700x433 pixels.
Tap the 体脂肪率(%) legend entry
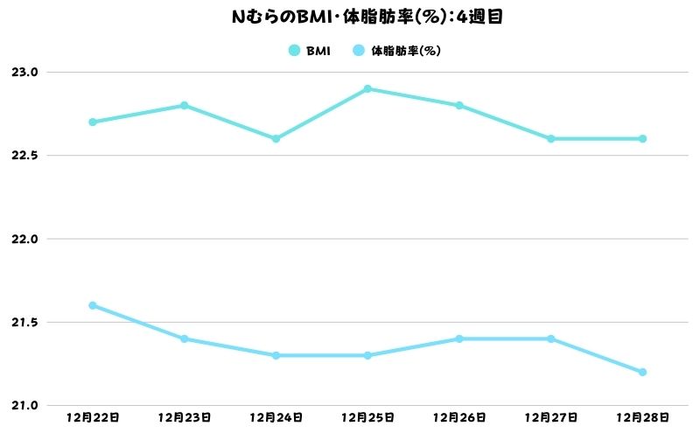click(399, 51)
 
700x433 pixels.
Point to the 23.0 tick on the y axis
click(26, 72)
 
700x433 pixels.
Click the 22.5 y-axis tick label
click(26, 156)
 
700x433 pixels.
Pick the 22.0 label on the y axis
click(26, 239)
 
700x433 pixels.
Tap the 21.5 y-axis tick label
click(26, 323)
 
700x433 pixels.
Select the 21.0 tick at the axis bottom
click(26, 406)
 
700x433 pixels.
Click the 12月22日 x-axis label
click(92, 418)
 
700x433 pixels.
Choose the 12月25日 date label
click(367, 418)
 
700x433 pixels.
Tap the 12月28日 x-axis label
click(642, 418)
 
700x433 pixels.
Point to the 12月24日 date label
click(276, 418)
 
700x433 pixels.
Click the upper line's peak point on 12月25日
click(367, 88)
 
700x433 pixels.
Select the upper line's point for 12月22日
click(92, 122)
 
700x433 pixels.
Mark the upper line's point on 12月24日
click(276, 138)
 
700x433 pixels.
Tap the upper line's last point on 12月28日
click(642, 138)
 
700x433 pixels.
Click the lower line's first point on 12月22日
click(92, 305)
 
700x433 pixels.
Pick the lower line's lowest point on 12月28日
click(642, 372)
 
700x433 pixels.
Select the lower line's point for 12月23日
click(184, 339)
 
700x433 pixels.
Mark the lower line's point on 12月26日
click(459, 339)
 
